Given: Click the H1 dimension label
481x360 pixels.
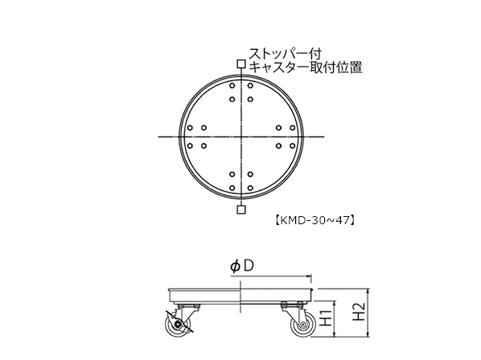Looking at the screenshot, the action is [327, 317].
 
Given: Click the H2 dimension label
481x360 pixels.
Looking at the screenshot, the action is [359, 312].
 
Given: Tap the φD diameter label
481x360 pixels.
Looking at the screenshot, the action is [242, 266].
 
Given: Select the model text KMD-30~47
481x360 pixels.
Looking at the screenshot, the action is [314, 220].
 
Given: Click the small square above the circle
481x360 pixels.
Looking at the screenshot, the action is [241, 64].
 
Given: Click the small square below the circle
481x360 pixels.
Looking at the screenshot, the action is [241, 210].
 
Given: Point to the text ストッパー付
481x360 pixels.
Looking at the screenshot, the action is [285, 54].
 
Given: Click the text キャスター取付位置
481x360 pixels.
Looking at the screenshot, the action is [306, 67].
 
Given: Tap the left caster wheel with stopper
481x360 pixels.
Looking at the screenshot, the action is [176, 325].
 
